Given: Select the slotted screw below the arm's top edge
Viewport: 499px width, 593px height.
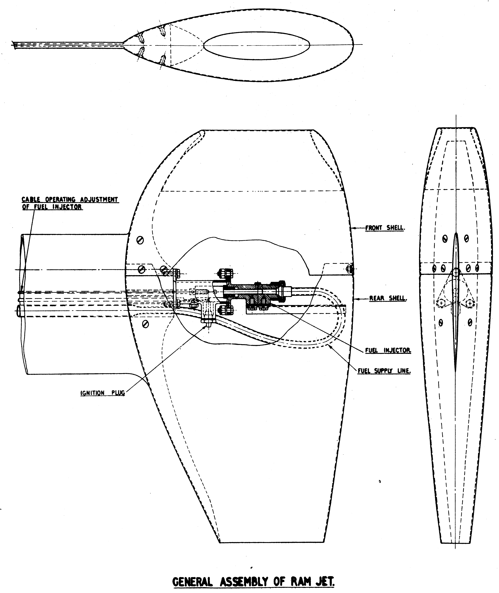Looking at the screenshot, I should coord(140,240).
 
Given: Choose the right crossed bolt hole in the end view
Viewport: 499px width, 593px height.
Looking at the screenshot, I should coord(470,303).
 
